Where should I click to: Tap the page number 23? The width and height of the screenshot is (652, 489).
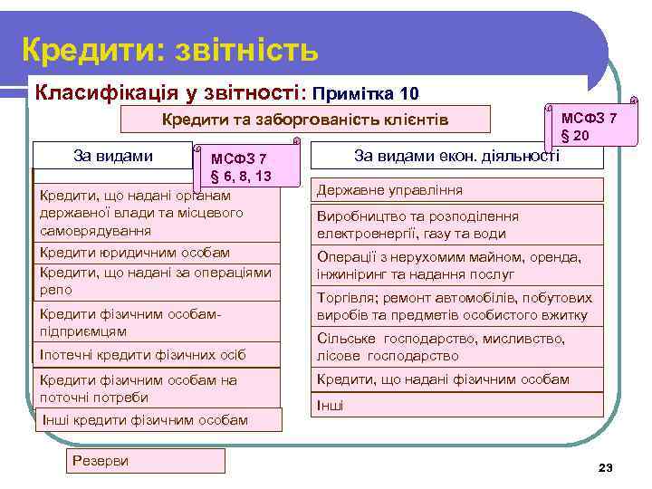606,467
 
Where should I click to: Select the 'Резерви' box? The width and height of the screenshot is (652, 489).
146,461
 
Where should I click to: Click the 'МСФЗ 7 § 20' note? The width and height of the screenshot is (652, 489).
590,127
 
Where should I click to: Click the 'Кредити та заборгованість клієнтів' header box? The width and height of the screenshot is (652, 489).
304,120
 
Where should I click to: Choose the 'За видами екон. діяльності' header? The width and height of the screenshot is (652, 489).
456,156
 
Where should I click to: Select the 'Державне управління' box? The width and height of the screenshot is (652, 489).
457,190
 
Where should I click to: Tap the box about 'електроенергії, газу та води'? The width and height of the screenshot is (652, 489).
457,225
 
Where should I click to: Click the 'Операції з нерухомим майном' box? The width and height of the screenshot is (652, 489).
457,265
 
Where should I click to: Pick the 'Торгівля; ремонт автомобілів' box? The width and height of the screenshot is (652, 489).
457,307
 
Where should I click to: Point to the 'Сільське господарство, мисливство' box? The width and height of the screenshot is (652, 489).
457,347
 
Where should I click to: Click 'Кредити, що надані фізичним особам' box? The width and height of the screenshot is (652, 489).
457,380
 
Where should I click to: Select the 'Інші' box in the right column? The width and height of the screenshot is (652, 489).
457,406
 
